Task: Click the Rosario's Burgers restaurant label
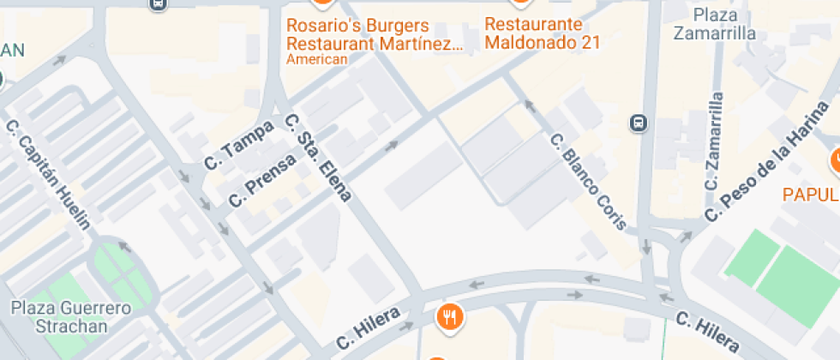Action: pos(374,33)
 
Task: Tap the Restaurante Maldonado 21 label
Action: pos(542,33)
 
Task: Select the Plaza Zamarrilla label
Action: pos(714,25)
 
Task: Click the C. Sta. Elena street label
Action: pos(317,158)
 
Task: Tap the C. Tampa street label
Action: pos(239,144)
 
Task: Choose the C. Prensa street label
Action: pos(262,180)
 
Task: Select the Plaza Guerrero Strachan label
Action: pos(71,316)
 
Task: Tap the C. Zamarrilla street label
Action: pos(714,141)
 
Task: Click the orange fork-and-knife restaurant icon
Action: pos(450,317)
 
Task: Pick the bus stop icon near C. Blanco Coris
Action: pos(639,123)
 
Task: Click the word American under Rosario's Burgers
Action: pos(317,59)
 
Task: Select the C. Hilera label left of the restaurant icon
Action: pos(369,327)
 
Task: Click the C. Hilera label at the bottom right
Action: pos(707,332)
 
